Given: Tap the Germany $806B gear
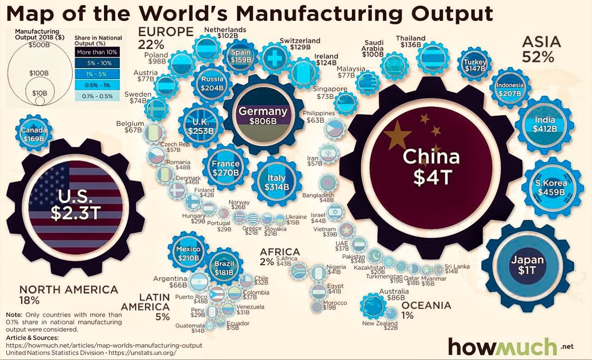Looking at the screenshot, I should click(x=263, y=115).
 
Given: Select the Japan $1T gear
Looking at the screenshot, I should click(x=527, y=265).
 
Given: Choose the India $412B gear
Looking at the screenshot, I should click(x=545, y=124).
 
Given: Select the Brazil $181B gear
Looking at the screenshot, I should click(x=224, y=268).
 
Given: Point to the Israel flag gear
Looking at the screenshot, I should click(x=336, y=212).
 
